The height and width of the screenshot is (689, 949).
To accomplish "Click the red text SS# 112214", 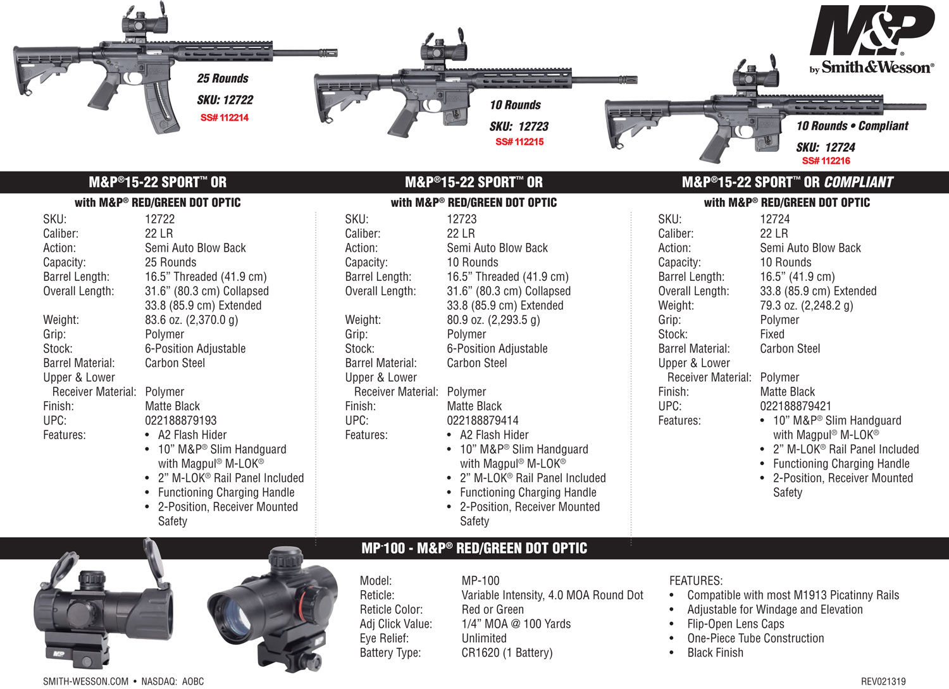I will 224,118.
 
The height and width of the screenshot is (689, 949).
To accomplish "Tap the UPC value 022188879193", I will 180,421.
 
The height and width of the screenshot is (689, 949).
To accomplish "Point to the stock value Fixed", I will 772,334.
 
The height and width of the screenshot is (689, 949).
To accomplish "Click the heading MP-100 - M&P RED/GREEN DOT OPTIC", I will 474,549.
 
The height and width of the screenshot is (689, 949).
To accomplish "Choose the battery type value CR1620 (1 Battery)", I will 507,653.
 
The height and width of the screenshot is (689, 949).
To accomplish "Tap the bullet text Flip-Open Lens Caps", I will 735,624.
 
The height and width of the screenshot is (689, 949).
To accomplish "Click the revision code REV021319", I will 883,681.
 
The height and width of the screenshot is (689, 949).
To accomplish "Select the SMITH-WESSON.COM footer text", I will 85,681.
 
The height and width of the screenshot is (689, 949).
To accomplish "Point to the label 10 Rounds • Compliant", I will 852,126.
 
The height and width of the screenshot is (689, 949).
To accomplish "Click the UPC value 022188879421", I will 795,406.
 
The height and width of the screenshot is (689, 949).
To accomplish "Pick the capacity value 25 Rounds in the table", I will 170,263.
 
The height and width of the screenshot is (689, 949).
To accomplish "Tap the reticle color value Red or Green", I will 492,609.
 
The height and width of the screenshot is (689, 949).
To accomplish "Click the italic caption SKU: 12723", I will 519,127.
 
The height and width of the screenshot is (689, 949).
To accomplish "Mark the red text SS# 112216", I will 826,161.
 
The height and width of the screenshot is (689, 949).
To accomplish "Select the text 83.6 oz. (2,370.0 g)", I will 191,320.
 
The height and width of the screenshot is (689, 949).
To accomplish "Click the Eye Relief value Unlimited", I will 484,638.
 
